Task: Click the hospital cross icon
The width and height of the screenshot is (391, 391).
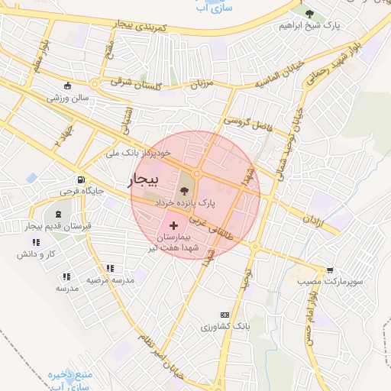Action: pyautogui.click(x=174, y=225)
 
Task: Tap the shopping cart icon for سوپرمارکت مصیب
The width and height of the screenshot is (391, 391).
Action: pyautogui.click(x=330, y=270)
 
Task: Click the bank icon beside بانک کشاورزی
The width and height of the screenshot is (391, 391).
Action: pyautogui.click(x=225, y=315)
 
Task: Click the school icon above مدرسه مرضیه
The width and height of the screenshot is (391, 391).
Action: pyautogui.click(x=110, y=268)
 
